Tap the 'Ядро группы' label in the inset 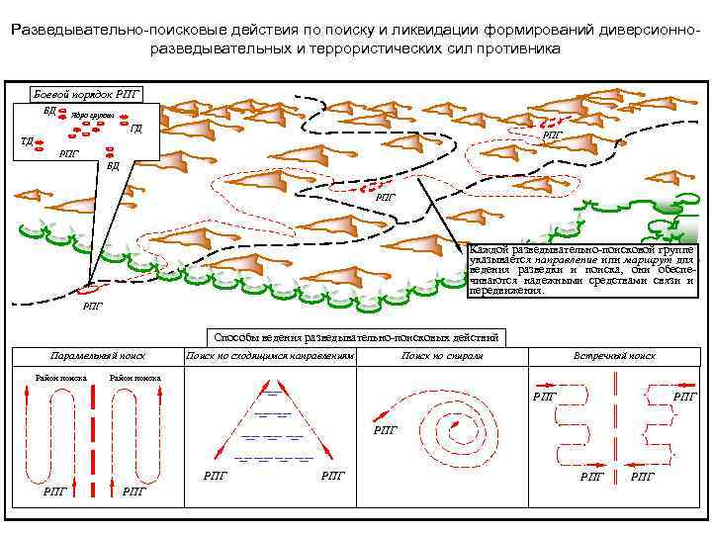point(93,116)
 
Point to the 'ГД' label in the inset point(136,128)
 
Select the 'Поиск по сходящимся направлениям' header point(270,355)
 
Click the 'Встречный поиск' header point(614,355)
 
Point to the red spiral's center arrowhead point(457,424)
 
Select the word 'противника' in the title point(523,48)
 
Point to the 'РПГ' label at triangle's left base point(215,476)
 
